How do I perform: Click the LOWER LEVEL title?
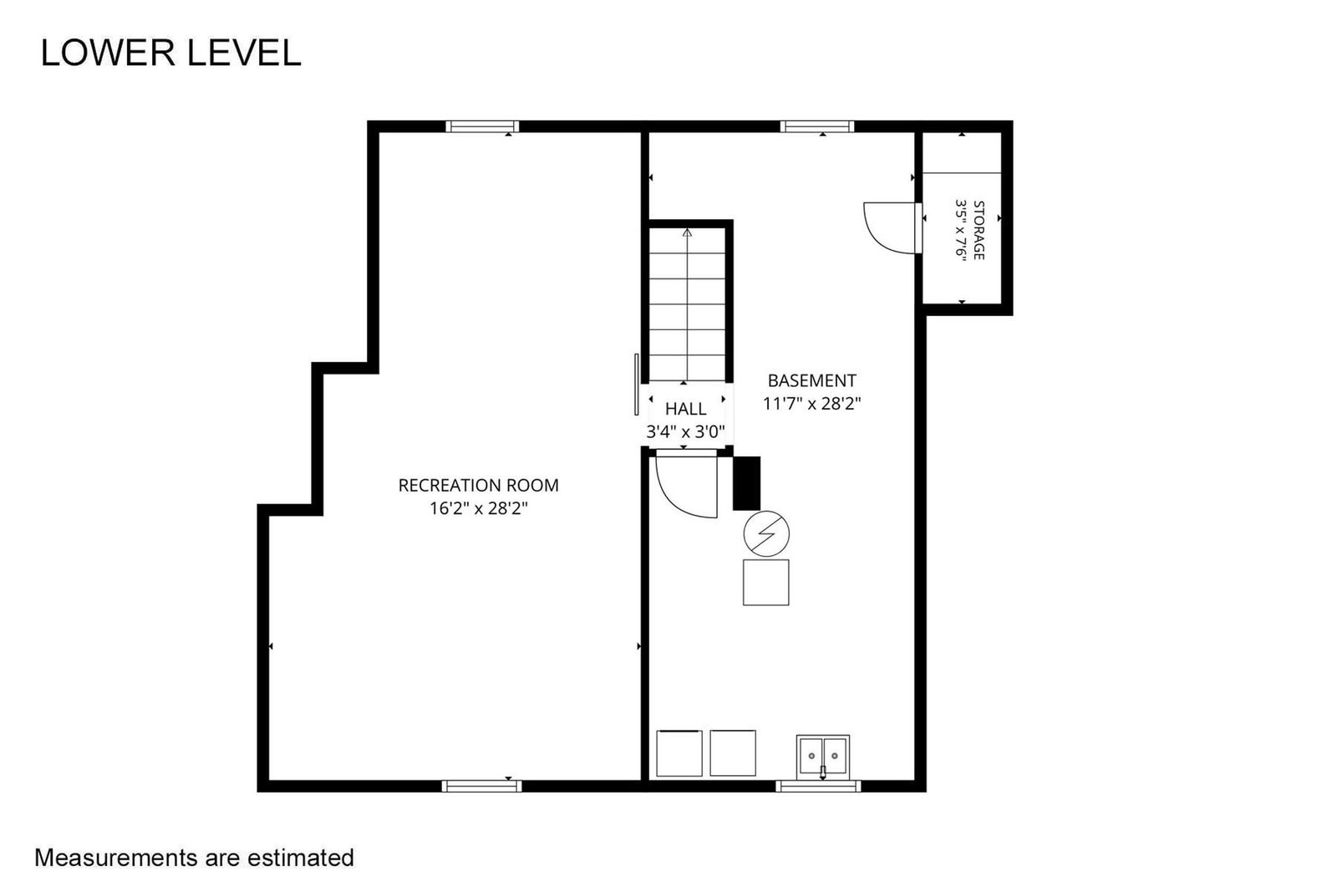[170, 53]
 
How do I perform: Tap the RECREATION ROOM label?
[478, 486]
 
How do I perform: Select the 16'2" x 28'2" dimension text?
[479, 508]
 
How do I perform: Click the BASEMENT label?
[811, 380]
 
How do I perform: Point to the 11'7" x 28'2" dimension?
[811, 404]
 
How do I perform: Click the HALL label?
[686, 409]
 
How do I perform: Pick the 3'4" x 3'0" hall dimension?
[686, 431]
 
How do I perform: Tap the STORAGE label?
[979, 230]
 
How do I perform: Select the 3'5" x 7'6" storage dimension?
[961, 228]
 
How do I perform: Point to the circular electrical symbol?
[766, 533]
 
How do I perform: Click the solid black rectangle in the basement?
[747, 483]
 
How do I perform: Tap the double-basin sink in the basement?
[822, 756]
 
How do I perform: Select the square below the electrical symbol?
[765, 582]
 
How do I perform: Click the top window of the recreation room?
[482, 126]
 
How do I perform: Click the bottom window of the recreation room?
[481, 787]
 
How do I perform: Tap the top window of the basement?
[817, 126]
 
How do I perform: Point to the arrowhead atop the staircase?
[687, 232]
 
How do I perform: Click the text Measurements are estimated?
[194, 858]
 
